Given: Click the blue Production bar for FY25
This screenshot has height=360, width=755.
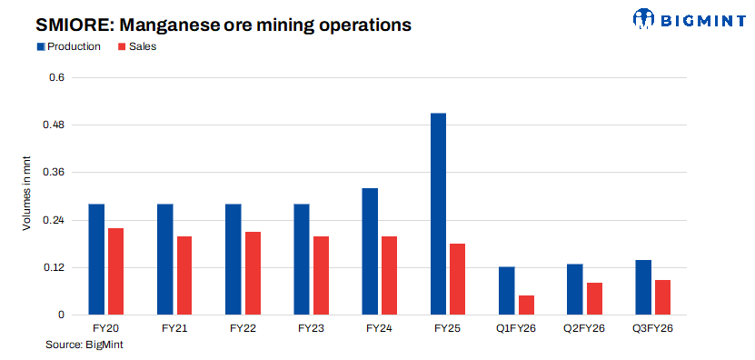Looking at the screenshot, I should pos(438,214).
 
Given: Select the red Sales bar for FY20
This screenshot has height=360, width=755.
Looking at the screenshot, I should pos(115,271).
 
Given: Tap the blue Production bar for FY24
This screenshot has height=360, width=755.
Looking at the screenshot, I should pos(370,251).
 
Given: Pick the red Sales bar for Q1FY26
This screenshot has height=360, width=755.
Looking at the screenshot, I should pos(526,305).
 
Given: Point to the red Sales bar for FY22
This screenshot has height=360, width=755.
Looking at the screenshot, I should pos(253,273).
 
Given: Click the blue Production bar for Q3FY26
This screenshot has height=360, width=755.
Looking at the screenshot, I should pos(643,287).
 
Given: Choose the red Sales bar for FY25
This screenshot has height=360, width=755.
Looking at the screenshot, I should pos(458,279).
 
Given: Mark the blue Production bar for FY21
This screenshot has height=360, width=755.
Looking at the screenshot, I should pos(165,259).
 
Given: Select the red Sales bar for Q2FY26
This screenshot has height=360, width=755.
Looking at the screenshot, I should pos(594,298).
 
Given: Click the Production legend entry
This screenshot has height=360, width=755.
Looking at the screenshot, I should pos(68,46).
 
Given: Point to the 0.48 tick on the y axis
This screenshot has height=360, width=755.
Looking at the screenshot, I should pos(55,125).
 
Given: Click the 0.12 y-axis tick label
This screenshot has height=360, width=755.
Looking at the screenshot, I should pos(55,267).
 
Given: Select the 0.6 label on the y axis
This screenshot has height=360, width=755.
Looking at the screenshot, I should pos(58,77).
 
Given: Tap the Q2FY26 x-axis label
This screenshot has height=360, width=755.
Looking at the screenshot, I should pos(583,327).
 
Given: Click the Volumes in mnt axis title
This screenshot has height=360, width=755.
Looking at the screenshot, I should pos(27,193).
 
